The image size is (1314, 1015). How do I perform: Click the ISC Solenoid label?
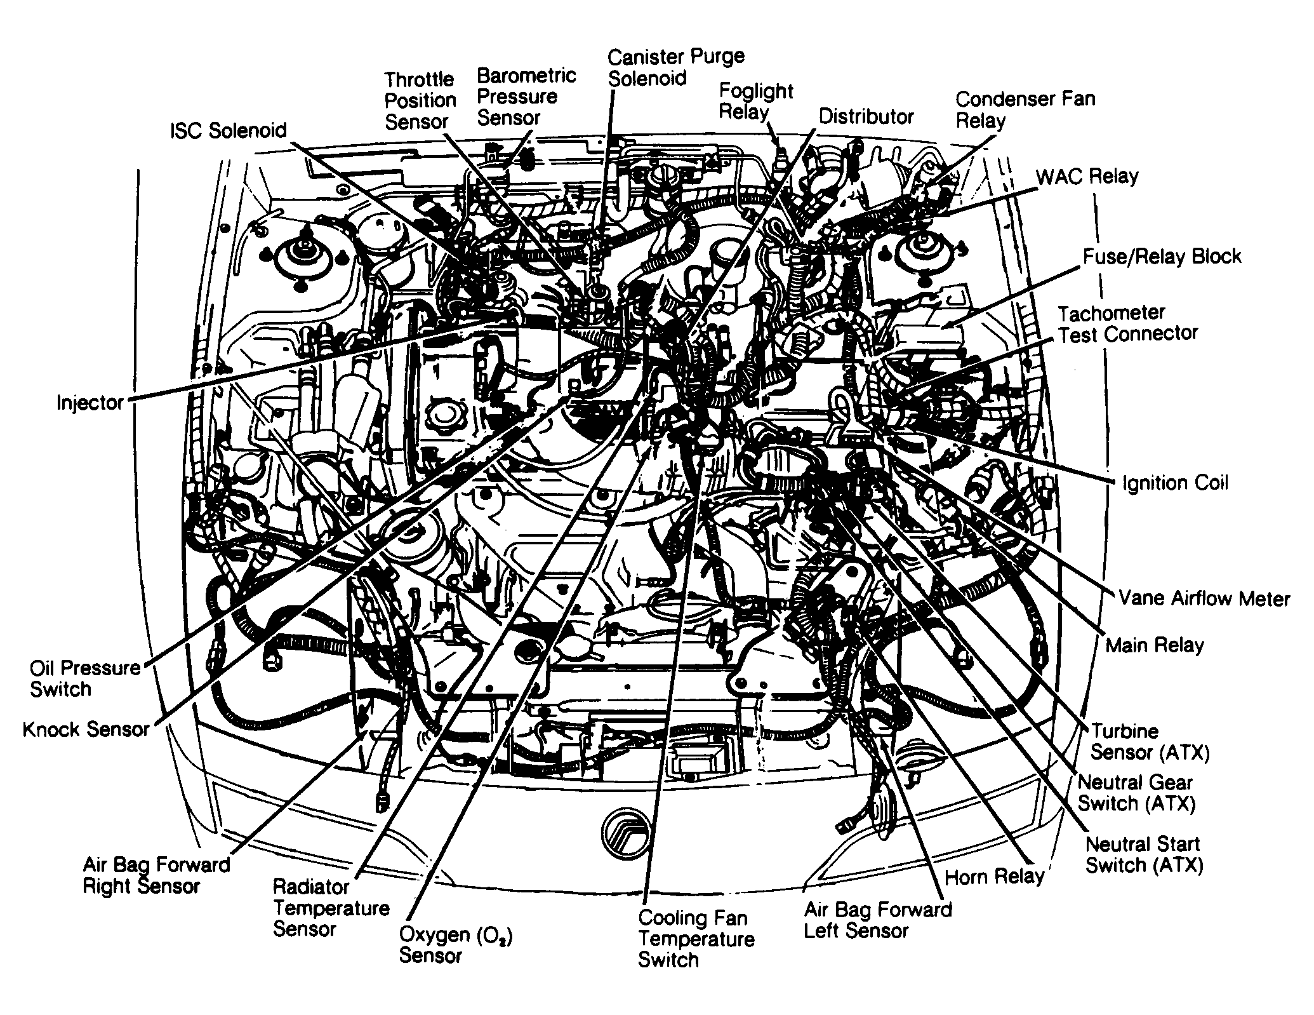point(229,131)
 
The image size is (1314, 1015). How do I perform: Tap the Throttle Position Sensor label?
point(420,100)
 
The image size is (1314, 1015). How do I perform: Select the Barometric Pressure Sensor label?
point(526,97)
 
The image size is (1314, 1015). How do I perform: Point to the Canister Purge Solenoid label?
point(675,67)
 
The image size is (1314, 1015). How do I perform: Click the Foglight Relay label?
point(755,102)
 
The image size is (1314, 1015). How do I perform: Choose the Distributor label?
point(865,117)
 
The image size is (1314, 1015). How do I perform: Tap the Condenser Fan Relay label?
point(1025,109)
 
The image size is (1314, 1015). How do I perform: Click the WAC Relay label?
point(1087,176)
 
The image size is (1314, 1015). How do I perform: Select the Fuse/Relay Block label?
point(1161,257)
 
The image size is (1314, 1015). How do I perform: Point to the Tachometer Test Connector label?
point(1127,323)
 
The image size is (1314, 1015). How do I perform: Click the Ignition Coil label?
point(1175,483)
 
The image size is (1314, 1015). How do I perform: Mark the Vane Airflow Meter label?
point(1204,598)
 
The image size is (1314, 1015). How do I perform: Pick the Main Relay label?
point(1154,645)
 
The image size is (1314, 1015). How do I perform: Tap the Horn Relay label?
point(994,877)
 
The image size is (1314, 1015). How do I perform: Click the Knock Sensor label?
point(86,729)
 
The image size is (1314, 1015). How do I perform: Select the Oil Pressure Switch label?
point(84,678)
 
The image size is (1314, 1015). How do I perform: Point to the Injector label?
point(90,403)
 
